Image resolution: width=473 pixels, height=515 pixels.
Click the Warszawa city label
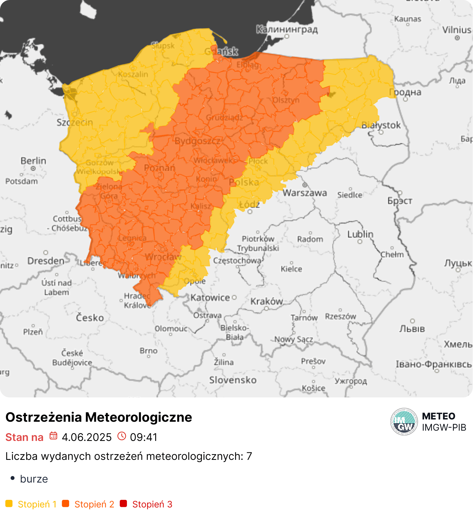tap(305, 193)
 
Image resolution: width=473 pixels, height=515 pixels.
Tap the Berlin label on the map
tap(33, 161)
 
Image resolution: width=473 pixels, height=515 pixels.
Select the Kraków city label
tap(266, 301)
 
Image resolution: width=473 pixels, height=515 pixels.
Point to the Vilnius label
tap(457, 29)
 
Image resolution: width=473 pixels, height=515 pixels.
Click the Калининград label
tap(287, 29)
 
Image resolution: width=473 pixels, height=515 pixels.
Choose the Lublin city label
tap(360, 234)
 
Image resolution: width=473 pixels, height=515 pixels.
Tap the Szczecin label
tap(75, 122)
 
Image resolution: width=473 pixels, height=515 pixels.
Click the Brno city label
tap(148, 351)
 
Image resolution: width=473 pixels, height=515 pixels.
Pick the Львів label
tap(412, 329)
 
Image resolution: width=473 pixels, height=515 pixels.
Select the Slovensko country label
tap(233, 380)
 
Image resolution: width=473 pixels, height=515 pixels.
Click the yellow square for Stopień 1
tap(9, 504)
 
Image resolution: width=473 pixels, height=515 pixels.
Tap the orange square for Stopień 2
tap(66, 504)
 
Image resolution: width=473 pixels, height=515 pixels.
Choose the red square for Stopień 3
tap(123, 504)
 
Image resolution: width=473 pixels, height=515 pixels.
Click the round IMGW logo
tap(404, 421)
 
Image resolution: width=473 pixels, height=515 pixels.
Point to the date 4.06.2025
tap(87, 437)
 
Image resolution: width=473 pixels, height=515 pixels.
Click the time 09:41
tap(144, 437)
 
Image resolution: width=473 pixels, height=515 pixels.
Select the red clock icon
tap(122, 436)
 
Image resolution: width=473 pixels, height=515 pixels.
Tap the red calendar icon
tap(53, 436)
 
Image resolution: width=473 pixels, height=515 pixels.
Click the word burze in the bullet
tap(34, 479)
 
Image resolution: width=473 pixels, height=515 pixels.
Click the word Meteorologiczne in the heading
tap(138, 417)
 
